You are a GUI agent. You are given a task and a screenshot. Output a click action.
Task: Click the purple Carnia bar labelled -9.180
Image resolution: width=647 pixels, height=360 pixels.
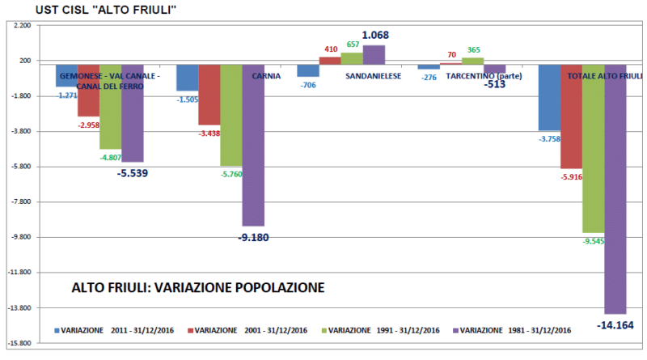point(253,144)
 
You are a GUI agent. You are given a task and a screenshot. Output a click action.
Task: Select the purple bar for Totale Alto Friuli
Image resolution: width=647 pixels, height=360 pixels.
point(615,188)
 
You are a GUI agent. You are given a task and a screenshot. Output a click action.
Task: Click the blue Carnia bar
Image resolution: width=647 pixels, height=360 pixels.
point(187,78)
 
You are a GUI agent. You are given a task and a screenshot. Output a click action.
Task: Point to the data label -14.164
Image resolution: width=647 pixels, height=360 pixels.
point(615,325)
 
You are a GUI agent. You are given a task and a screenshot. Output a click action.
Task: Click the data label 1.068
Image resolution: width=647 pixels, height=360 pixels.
point(375,35)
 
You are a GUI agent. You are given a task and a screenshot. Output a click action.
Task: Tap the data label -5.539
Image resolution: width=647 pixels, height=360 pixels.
point(133,173)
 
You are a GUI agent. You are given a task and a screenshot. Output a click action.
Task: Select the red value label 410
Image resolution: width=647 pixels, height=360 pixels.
point(330,49)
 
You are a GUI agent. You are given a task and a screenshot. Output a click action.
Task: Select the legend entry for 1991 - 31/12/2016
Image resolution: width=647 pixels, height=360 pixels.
point(381,330)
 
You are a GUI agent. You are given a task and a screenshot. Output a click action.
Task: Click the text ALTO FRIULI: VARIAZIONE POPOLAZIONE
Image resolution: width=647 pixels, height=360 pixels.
point(197,287)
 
